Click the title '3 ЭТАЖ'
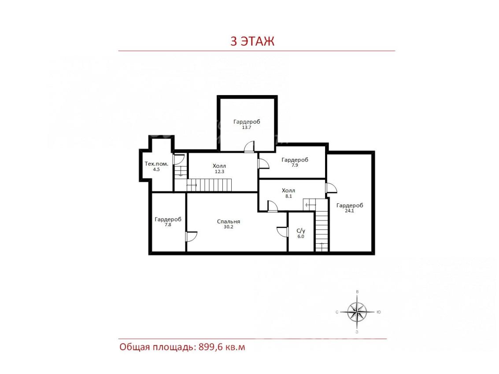252,41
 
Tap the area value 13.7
247,128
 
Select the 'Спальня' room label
229,222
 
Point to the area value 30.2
229,227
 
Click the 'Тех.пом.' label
156,164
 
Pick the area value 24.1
349,211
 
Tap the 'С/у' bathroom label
301,231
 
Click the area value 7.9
295,165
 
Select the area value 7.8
168,224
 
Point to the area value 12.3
220,172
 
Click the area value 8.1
288,196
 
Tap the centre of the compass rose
357,312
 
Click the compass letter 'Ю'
378,312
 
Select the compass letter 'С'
337,312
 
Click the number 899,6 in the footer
211,347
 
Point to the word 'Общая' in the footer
134,347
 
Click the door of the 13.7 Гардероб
249,147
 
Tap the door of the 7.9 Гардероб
263,163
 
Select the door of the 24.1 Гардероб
331,187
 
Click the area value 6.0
301,237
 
